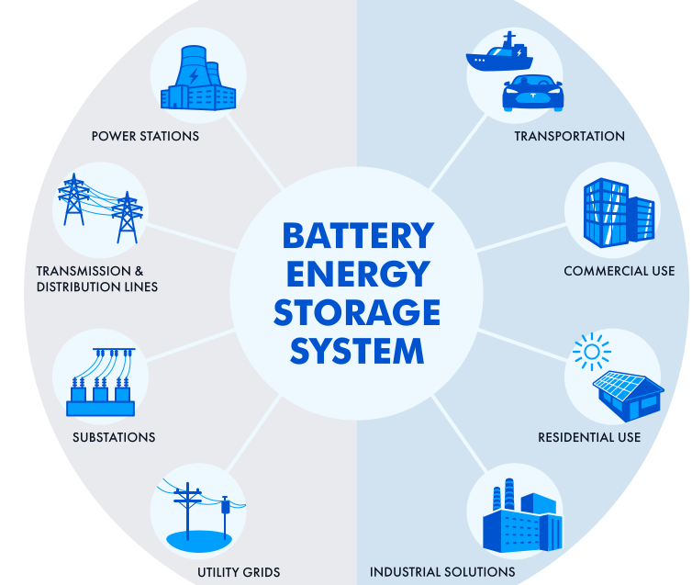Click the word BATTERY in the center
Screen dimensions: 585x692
tap(357, 236)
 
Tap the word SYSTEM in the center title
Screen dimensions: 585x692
tap(357, 351)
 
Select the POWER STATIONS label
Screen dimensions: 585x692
tap(145, 136)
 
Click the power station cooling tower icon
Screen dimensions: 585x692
tap(197, 77)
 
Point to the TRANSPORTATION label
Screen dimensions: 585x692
tap(569, 136)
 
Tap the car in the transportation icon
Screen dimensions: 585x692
tap(531, 93)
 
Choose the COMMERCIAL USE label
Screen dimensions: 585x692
tap(619, 271)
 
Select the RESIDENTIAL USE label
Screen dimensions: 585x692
tap(602, 437)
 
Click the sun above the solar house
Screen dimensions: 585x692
tap(590, 352)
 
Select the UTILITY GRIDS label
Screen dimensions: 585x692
tap(239, 572)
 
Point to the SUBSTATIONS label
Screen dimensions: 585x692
tap(114, 437)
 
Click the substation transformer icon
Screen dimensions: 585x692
tap(101, 385)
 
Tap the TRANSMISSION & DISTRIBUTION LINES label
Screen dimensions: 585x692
tap(96, 279)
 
